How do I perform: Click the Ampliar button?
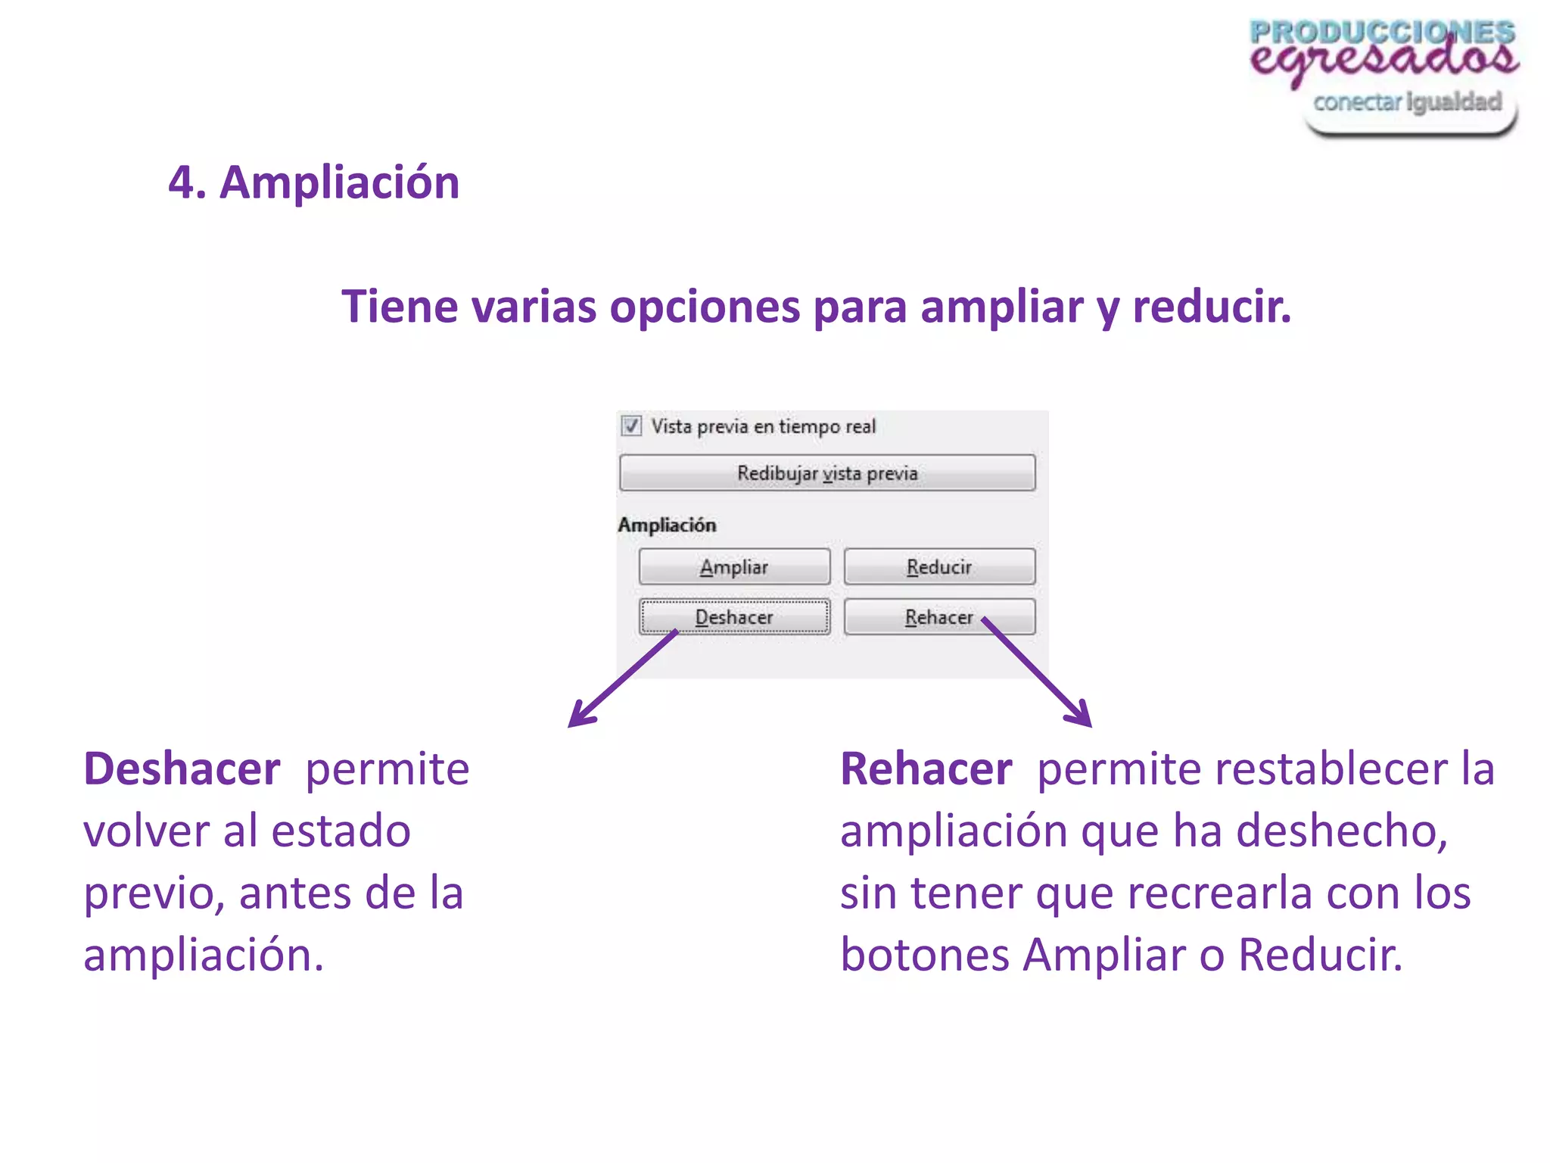734,567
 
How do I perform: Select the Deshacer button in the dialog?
734,617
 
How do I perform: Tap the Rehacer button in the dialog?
939,617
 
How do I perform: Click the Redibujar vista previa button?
827,473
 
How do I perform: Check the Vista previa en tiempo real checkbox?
631,426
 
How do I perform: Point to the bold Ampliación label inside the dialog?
667,525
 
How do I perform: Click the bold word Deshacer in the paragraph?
182,769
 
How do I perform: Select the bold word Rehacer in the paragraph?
926,769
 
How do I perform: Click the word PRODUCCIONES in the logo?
1382,33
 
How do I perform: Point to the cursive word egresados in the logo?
1383,59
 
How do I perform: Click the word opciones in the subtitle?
705,307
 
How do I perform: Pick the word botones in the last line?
925,955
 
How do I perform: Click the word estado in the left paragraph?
341,831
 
